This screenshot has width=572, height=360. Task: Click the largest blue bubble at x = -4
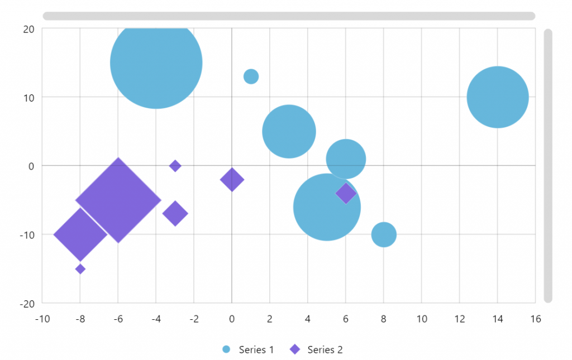tap(156, 63)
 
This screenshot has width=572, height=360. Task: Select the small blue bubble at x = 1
tap(251, 76)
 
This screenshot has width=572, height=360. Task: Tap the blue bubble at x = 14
tap(497, 97)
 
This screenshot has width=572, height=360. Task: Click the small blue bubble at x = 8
tap(384, 234)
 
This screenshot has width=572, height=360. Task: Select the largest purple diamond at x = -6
tap(118, 200)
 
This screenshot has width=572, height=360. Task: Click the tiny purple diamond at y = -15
tap(80, 269)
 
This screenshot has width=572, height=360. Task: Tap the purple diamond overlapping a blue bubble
tap(346, 193)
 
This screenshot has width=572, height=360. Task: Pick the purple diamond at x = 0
tap(232, 180)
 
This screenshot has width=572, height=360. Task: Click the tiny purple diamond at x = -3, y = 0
tap(175, 166)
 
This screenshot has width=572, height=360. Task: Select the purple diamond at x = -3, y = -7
tap(175, 213)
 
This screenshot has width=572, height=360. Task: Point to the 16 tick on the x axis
tap(535, 319)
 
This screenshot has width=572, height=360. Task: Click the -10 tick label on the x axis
tap(42, 319)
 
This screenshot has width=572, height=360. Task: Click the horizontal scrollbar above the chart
tap(289, 16)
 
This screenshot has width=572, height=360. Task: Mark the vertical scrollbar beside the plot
tap(548, 166)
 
